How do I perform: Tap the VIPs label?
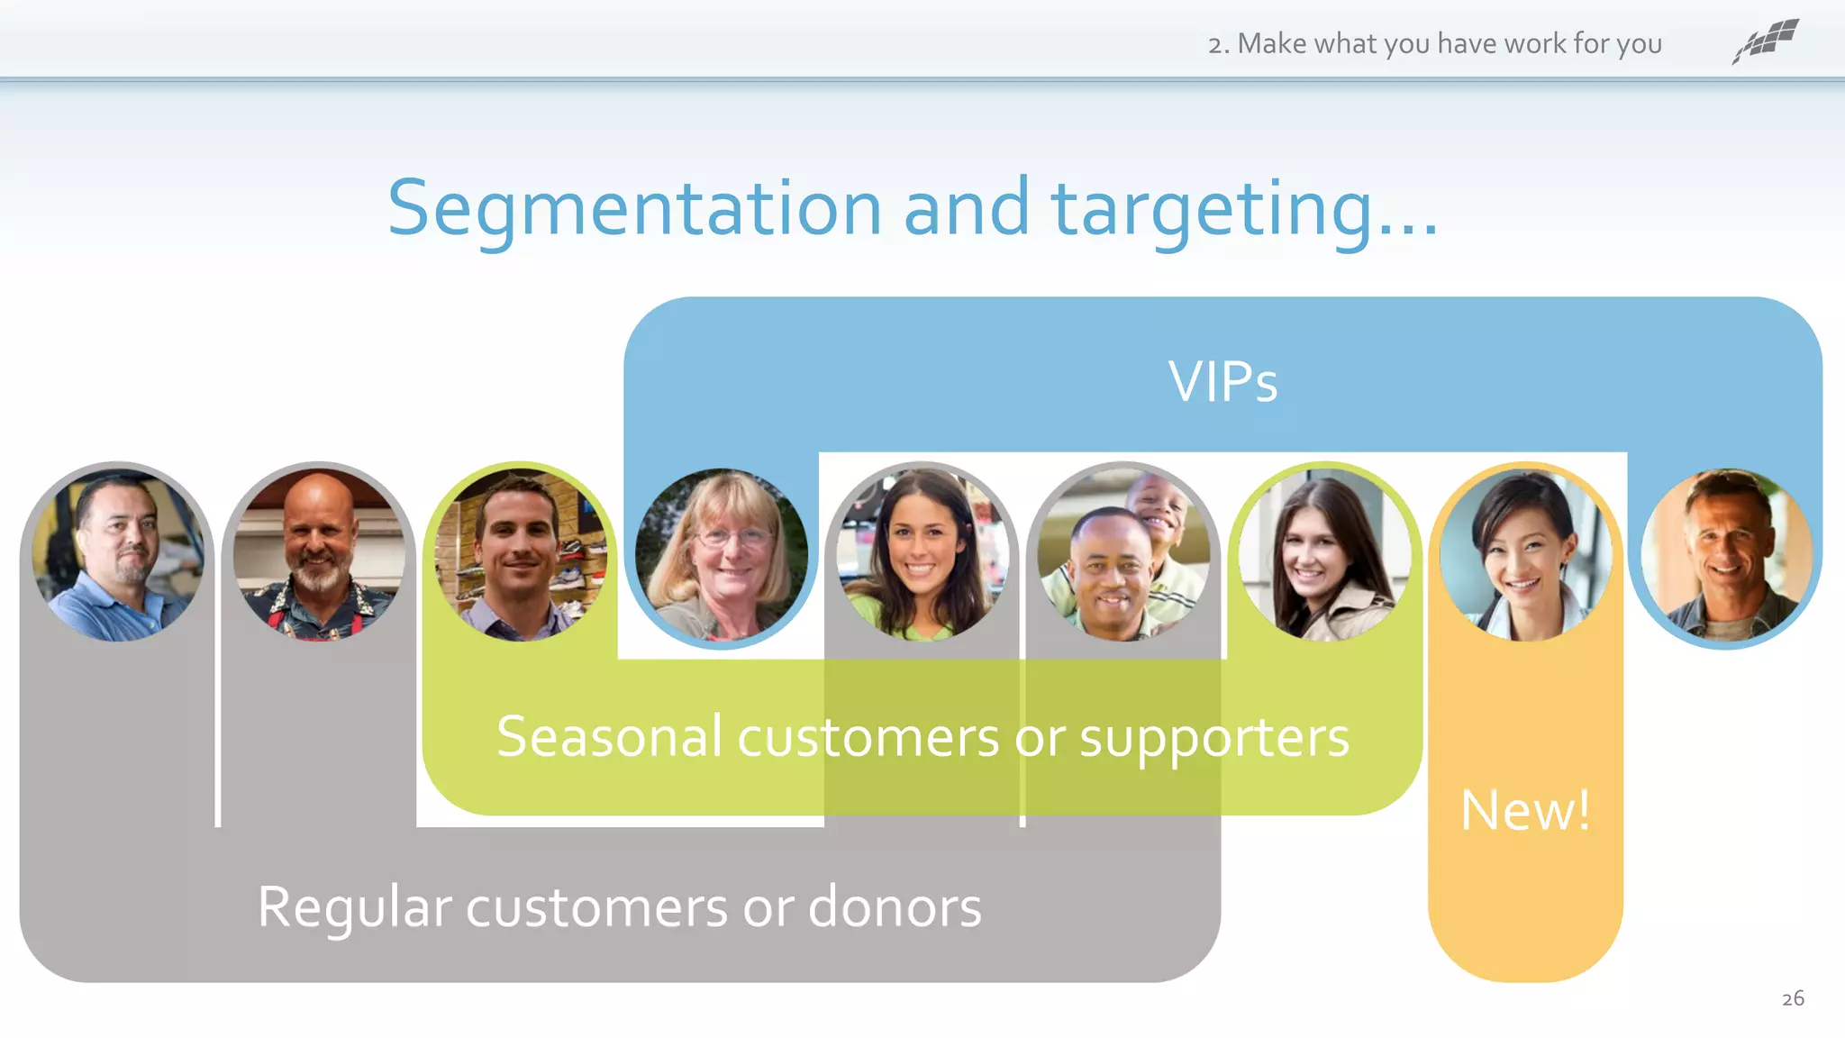(x=1222, y=381)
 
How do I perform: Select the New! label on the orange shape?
(x=1525, y=810)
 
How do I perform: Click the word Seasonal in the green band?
(x=609, y=736)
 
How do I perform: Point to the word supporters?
(x=1213, y=738)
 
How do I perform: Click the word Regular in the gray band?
(x=354, y=906)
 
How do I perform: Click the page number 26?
(x=1793, y=998)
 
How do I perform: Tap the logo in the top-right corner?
(x=1766, y=41)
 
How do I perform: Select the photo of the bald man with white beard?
(x=318, y=554)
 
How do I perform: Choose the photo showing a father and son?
(x=1122, y=554)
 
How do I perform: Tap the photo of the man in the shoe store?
(x=520, y=554)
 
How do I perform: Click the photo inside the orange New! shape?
(x=1525, y=554)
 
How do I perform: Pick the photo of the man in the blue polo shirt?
(x=117, y=554)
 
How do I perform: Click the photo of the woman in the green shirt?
(x=922, y=554)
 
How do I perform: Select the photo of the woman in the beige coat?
(x=1324, y=554)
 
